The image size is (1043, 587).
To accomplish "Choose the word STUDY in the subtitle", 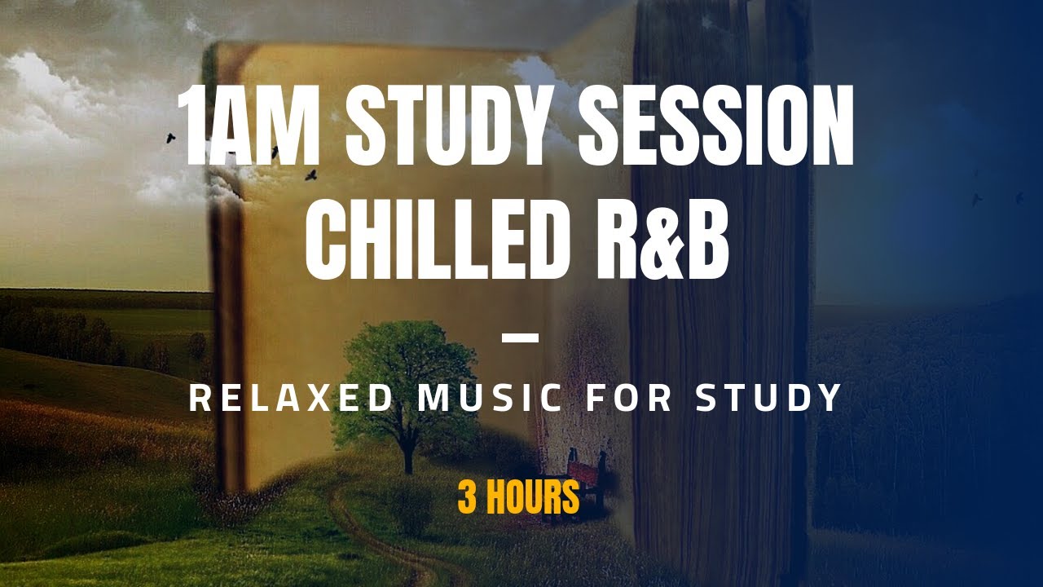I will coord(768,398).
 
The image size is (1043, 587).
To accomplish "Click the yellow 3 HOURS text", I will coord(518,497).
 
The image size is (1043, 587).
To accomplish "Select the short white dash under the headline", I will coord(520,337).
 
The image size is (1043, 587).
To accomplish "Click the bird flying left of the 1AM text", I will coord(171,139).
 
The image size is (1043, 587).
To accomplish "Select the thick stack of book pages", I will coord(717,326).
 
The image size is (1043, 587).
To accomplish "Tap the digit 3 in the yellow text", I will coord(466,497).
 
